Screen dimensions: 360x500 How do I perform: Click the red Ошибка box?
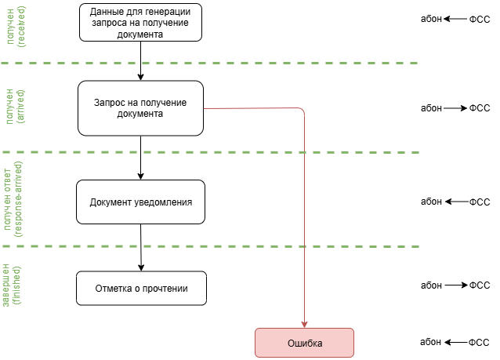(304, 344)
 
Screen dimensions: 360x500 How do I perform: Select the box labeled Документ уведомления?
(141, 202)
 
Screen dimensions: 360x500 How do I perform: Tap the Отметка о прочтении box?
(141, 289)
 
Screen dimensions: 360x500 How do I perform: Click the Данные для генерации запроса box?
(139, 22)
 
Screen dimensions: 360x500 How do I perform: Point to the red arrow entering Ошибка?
(304, 235)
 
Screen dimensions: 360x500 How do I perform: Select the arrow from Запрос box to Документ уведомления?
(140, 157)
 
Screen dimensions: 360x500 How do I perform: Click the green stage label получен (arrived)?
(16, 106)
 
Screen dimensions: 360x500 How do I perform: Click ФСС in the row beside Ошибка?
(479, 343)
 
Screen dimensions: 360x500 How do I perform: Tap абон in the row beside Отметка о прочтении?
(431, 285)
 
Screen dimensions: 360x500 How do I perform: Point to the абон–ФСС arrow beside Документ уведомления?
(455, 202)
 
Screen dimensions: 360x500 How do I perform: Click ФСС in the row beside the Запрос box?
(479, 108)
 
